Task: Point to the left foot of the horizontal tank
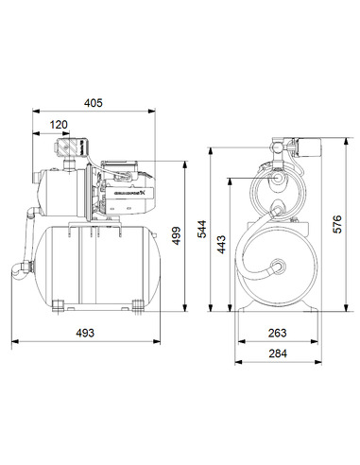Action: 59,304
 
